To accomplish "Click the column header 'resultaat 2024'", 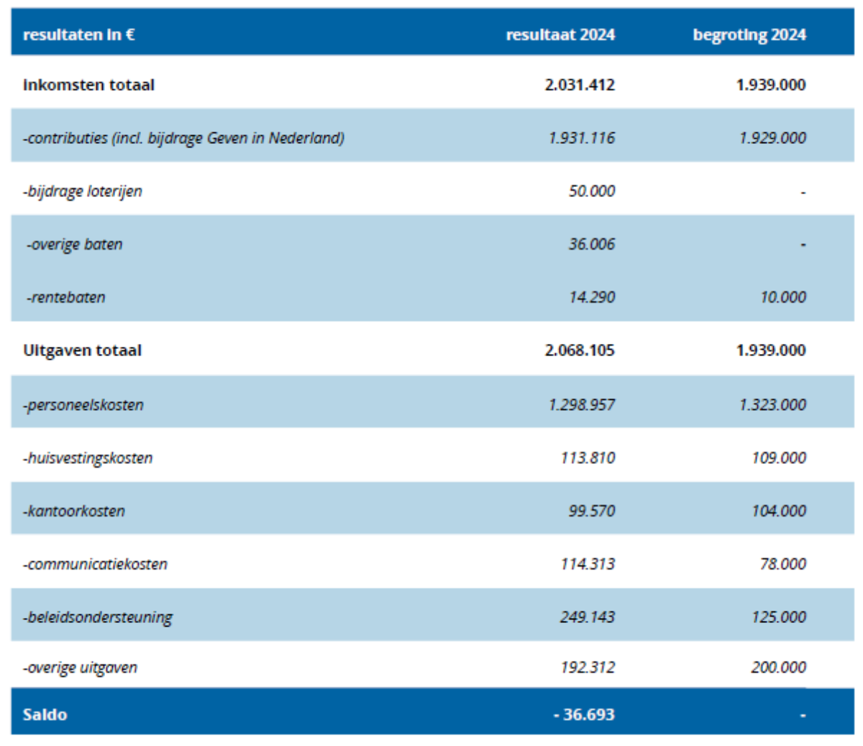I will [560, 35].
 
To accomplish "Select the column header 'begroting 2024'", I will [749, 35].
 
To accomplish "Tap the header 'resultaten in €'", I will [78, 35].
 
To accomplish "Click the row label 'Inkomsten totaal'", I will [88, 85].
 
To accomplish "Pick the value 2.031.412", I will [580, 85].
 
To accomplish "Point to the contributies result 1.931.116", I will [581, 137].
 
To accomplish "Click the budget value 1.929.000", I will [772, 137].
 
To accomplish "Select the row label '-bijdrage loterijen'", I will [82, 191].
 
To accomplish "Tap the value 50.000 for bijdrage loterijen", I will [591, 191].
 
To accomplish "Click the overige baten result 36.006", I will [591, 245].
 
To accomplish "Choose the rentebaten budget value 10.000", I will [782, 297].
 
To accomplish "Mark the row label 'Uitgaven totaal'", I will [82, 350].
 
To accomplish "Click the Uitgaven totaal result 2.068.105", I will [580, 350].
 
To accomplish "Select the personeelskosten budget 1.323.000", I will [772, 404].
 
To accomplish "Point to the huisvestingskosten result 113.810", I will [588, 458].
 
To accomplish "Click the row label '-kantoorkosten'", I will [74, 511].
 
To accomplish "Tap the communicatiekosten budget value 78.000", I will [782, 564].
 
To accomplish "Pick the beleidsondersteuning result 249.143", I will [588, 617].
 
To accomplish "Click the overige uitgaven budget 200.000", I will [778, 668].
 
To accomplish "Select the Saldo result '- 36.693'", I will [584, 714].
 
